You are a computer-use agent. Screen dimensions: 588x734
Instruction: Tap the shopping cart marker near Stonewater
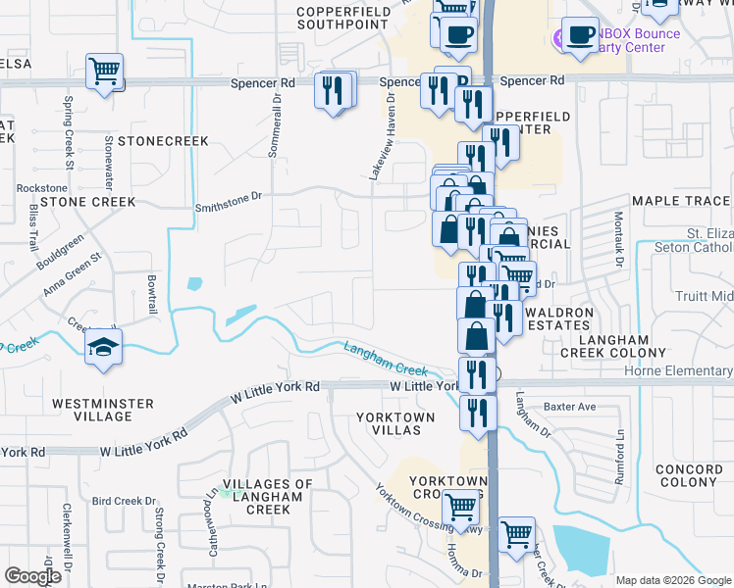tap(103, 72)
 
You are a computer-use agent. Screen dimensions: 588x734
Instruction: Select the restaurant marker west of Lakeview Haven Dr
tap(333, 91)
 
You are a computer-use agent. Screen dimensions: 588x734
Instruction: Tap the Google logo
tap(32, 576)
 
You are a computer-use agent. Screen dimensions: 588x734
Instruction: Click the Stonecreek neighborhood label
tap(163, 141)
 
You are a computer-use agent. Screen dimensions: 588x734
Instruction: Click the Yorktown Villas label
tap(395, 423)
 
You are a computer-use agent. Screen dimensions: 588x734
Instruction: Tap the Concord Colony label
tap(688, 475)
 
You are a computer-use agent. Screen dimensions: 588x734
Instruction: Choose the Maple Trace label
tap(681, 201)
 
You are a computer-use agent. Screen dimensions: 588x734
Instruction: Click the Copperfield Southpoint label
tap(340, 17)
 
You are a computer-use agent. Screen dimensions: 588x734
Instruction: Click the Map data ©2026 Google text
tap(673, 579)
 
